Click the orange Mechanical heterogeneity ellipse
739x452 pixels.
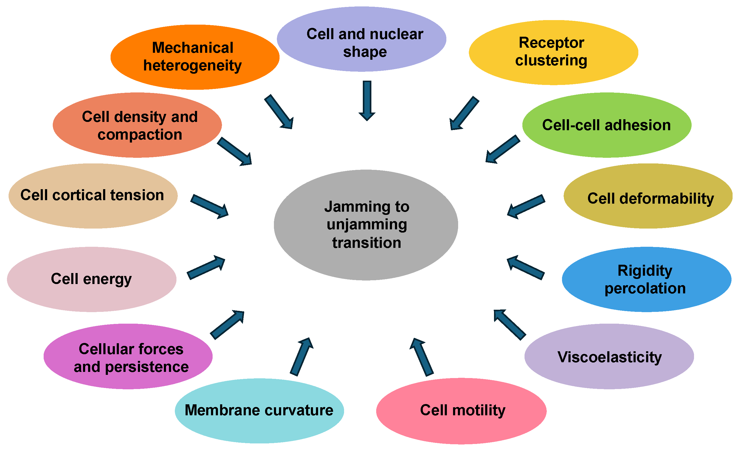coord(195,57)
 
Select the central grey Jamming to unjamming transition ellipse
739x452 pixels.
coord(366,225)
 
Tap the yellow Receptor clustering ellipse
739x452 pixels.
coord(553,53)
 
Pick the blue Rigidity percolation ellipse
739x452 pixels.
coord(646,279)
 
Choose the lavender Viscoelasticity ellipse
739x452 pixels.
coord(609,357)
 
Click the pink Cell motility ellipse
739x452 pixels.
coord(461,410)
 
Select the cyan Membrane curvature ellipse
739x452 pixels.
coord(259,410)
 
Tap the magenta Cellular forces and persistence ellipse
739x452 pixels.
coord(128,357)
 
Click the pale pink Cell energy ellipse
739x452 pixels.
coord(92,279)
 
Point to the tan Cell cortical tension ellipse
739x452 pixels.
coord(93,196)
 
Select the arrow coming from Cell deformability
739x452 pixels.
coord(526,206)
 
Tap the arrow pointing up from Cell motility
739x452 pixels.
coord(422,357)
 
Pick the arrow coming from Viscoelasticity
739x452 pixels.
coord(510,325)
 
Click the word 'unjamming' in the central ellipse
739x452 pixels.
coord(367,225)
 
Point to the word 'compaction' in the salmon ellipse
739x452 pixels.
coord(140,135)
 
